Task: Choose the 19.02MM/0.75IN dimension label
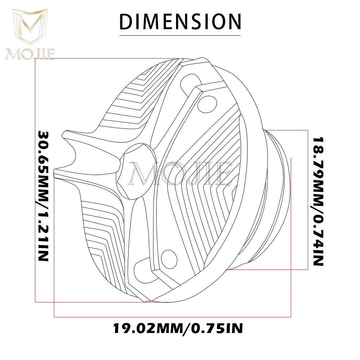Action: (178, 328)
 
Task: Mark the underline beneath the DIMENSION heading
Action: (180, 35)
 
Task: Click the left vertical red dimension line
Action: (35, 180)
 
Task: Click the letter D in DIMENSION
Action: (126, 21)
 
